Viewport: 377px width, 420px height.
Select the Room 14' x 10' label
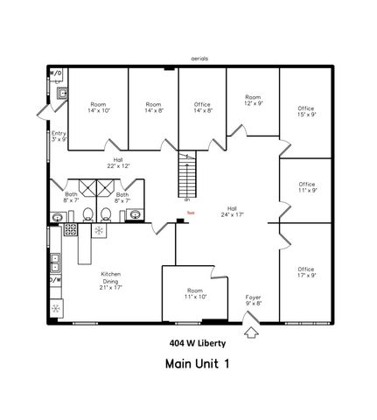point(99,108)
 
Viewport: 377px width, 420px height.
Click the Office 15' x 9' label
point(305,108)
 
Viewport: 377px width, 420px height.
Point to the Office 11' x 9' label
point(305,186)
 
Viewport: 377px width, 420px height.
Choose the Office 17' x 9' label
point(305,272)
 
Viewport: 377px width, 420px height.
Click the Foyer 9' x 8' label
point(253,300)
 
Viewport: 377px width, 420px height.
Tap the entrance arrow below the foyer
point(252,332)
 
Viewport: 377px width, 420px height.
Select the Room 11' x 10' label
point(195,293)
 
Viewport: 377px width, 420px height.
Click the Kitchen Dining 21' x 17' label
point(110,279)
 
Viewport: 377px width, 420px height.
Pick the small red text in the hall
point(192,211)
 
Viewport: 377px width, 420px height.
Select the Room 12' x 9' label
point(253,101)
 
